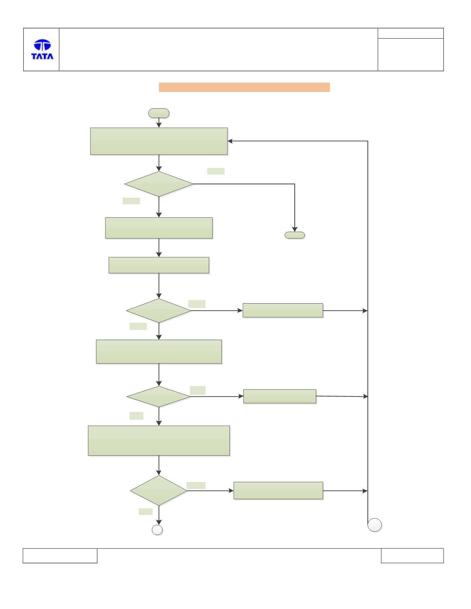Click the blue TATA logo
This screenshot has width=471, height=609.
(x=42, y=49)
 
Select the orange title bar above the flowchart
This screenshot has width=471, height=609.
(x=244, y=87)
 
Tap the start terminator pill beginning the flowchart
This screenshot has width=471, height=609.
(x=159, y=113)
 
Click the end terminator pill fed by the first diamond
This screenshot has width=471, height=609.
(x=295, y=235)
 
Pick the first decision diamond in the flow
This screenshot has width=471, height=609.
(x=159, y=184)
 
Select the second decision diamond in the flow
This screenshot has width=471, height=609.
(x=159, y=311)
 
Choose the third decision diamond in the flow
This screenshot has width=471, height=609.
(x=159, y=397)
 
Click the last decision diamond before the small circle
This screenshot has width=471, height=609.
(x=159, y=491)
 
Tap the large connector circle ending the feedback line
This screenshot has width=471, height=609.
(x=375, y=525)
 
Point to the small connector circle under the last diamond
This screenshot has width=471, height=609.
(x=157, y=530)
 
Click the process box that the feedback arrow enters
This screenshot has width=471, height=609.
(x=159, y=141)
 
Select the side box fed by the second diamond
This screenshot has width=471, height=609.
(x=283, y=311)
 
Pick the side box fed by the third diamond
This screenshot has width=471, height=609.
(x=280, y=396)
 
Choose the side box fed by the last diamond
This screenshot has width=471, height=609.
(x=278, y=490)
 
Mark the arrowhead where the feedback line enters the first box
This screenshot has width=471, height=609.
(x=230, y=141)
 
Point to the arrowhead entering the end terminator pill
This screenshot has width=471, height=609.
(x=295, y=229)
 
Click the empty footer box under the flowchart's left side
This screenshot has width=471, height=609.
(x=60, y=556)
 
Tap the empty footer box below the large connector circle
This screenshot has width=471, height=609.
(x=412, y=556)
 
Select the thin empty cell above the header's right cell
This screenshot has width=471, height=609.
(x=410, y=33)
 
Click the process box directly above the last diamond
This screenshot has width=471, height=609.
(x=159, y=441)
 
